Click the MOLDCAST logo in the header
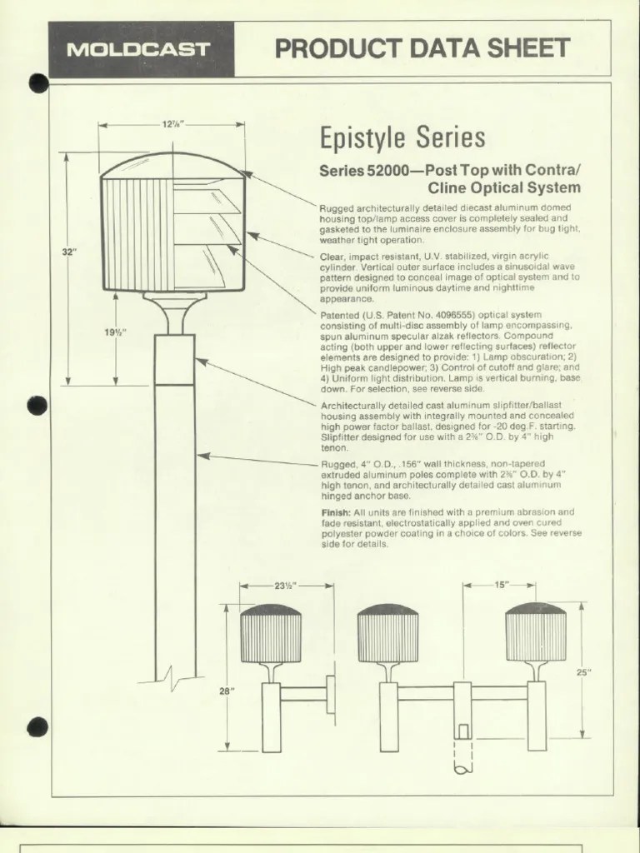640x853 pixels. pos(137,49)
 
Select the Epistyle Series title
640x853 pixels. pos(402,138)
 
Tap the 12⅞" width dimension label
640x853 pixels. pos(172,124)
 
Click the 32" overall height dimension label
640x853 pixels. pos(68,252)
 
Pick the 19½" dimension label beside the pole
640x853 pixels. pos(115,332)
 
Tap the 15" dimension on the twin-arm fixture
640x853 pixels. pos(501,585)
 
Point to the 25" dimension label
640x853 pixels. pos(582,672)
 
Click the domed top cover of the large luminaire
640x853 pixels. pos(172,163)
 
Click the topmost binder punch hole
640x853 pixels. pos(37,82)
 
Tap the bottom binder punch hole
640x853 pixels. pos(37,727)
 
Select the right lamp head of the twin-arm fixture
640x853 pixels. pos(535,633)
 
